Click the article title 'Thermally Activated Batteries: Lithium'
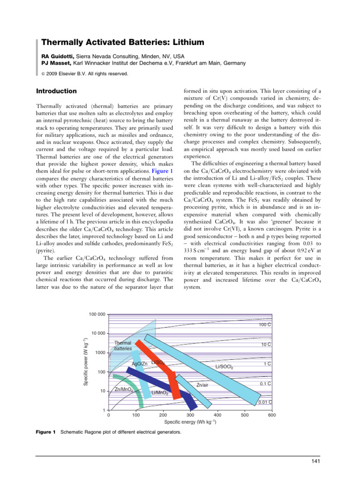tap(123, 43)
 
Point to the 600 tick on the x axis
tap(271, 415)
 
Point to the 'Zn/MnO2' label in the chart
tap(125, 390)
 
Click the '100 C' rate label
tap(266, 324)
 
